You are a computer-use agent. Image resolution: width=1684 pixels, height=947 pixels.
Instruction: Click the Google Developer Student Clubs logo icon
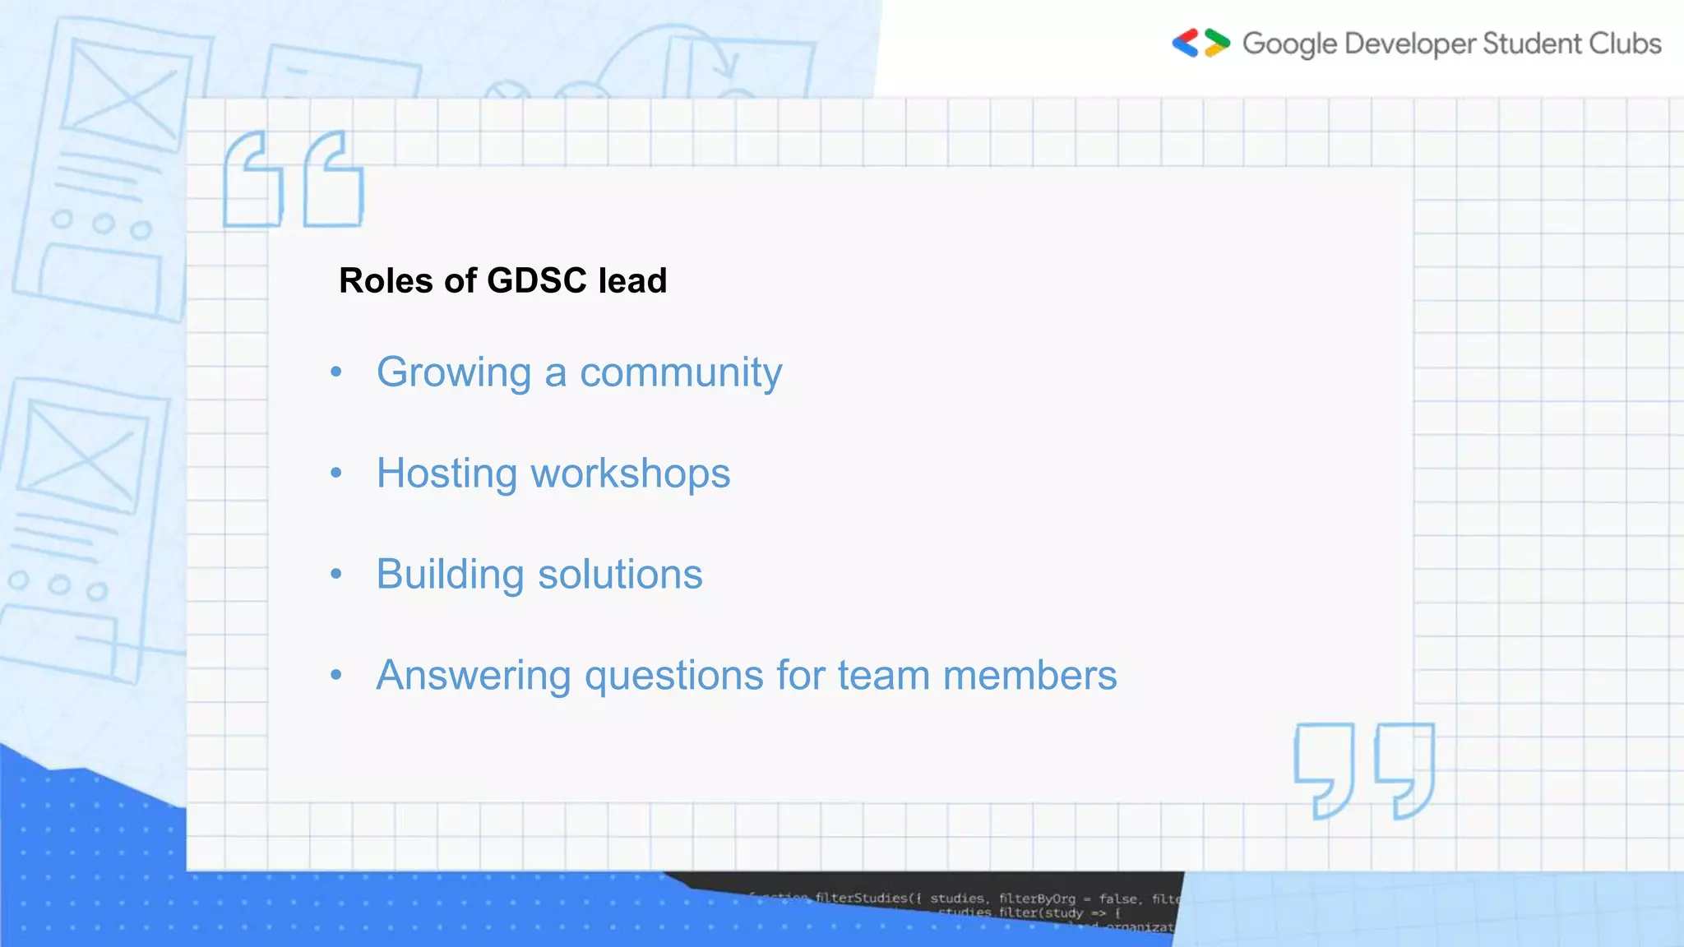pyautogui.click(x=1201, y=43)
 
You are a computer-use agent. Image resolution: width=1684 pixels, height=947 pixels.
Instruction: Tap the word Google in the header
pyautogui.click(x=1289, y=44)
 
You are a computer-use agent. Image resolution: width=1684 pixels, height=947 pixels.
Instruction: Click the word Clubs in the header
pyautogui.click(x=1625, y=43)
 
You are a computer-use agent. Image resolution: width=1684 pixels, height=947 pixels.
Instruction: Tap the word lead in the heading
pyautogui.click(x=632, y=280)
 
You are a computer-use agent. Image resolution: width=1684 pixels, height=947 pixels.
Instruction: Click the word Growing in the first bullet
pyautogui.click(x=454, y=373)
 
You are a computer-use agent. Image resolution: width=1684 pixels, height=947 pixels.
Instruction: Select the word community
pyautogui.click(x=681, y=373)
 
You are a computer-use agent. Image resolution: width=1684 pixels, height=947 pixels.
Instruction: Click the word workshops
pyautogui.click(x=630, y=473)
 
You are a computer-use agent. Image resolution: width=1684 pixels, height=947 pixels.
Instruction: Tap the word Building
pyautogui.click(x=450, y=575)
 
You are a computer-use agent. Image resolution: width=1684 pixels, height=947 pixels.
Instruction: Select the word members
pyautogui.click(x=1029, y=676)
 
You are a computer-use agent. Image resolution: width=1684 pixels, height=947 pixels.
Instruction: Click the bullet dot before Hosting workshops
pyautogui.click(x=335, y=473)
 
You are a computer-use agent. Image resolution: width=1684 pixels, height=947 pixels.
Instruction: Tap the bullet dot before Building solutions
pyautogui.click(x=335, y=574)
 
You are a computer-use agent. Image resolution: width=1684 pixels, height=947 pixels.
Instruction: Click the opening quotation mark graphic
pyautogui.click(x=294, y=178)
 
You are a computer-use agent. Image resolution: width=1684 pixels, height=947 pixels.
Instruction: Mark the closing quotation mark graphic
pyautogui.click(x=1364, y=770)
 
